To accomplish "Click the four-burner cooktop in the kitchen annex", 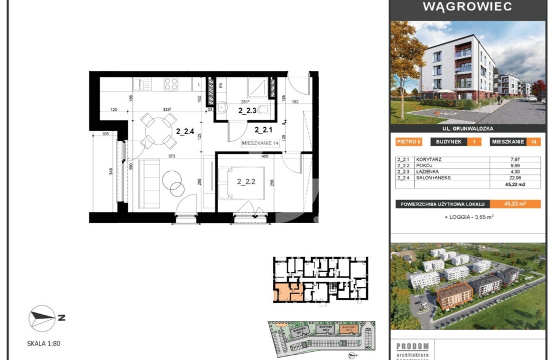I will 171,84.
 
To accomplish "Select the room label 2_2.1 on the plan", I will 264,130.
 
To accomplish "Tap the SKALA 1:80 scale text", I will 44,344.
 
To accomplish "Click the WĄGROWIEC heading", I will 467,7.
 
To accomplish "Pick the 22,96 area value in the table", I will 515,178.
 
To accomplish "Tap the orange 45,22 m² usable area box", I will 515,204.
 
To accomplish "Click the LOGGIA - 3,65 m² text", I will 469,217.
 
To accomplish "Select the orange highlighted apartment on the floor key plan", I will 288,292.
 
